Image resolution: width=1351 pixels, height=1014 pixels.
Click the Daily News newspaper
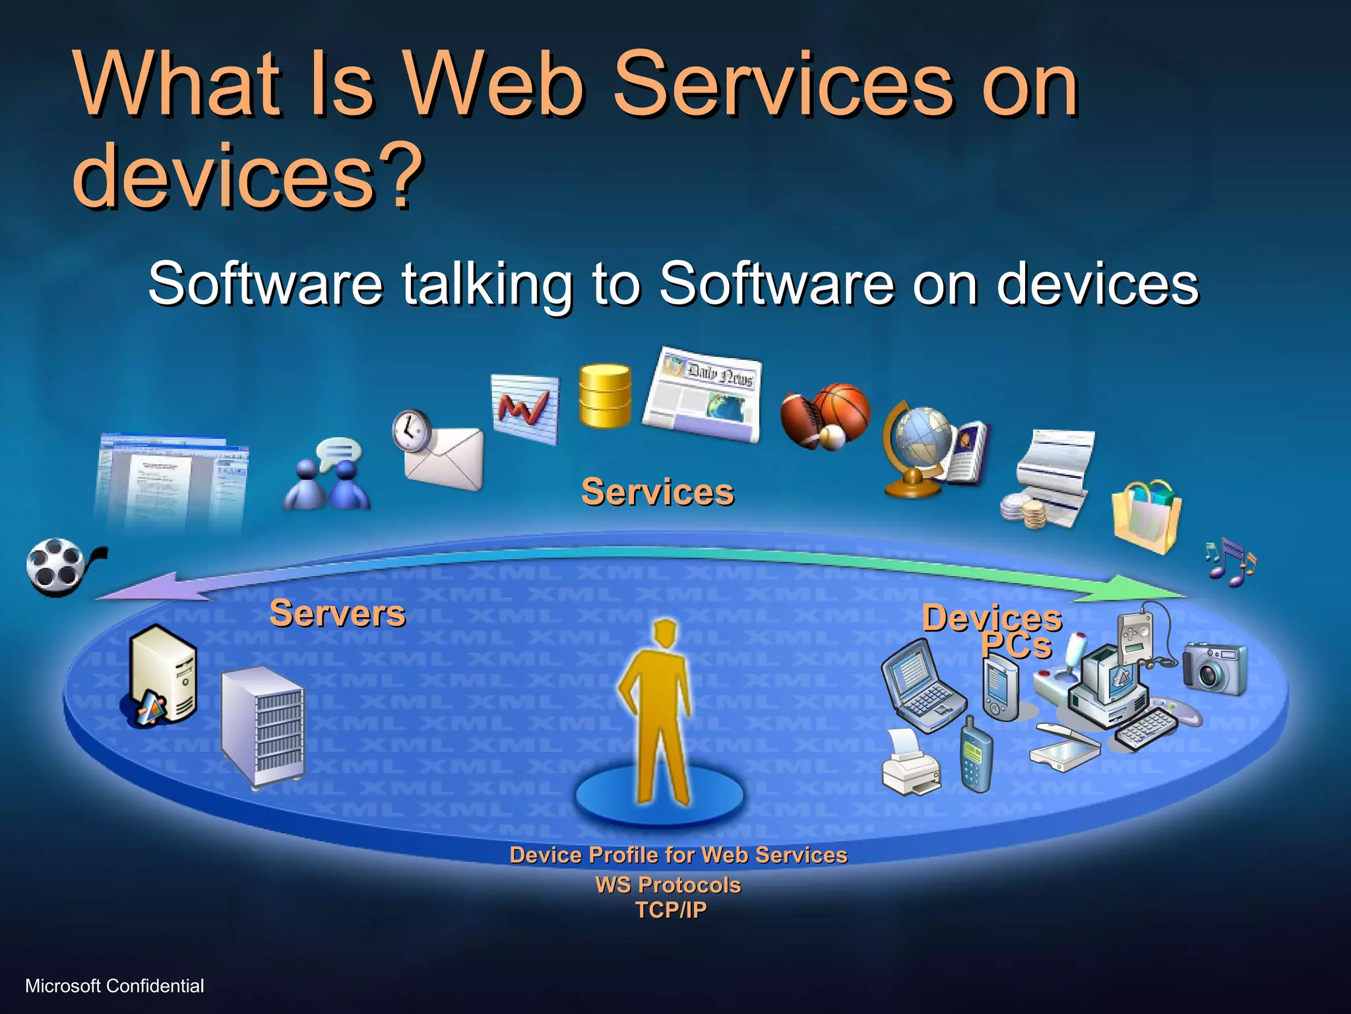click(703, 394)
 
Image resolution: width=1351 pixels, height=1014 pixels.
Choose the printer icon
click(910, 762)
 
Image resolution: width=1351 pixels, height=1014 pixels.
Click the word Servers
click(337, 613)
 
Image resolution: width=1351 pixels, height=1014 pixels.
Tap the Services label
click(657, 492)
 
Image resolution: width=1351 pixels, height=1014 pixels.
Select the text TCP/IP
click(670, 910)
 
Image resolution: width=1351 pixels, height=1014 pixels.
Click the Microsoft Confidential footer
click(115, 986)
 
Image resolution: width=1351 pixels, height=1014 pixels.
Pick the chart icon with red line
click(525, 407)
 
